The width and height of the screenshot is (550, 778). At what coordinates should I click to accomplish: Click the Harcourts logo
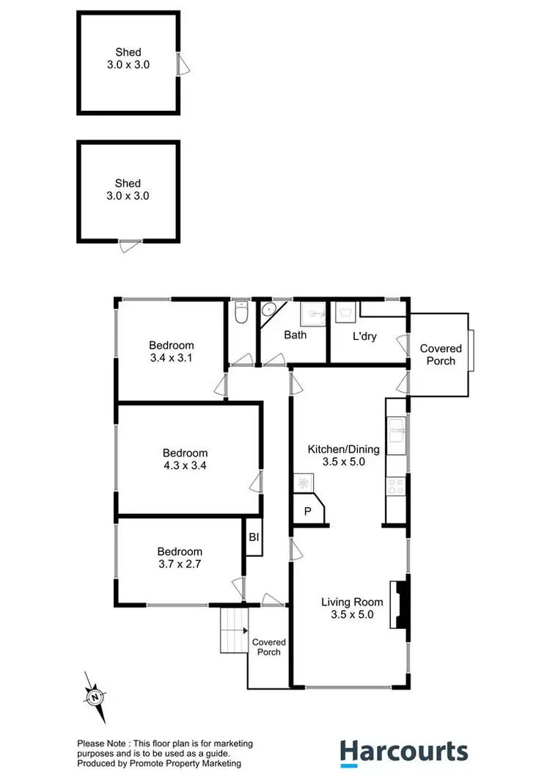point(403,752)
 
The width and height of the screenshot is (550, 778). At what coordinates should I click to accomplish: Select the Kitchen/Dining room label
point(343,449)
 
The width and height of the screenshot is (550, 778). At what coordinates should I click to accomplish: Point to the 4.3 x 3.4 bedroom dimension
point(185,465)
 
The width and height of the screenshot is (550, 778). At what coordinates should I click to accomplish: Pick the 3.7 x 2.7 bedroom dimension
point(180,564)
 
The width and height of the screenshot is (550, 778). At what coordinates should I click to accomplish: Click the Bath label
point(296,335)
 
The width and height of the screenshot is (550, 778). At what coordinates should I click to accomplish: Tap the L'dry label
point(364,336)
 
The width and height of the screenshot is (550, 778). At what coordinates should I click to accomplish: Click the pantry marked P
point(308,512)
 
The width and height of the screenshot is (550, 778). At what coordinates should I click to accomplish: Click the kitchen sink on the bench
point(397,434)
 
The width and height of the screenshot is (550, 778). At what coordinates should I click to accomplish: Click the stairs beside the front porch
point(235,630)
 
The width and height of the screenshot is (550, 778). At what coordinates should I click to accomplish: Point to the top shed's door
point(184,65)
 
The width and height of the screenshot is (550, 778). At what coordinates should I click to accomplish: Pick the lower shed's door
point(131,247)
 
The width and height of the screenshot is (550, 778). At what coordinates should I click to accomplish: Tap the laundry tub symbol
point(344,314)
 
